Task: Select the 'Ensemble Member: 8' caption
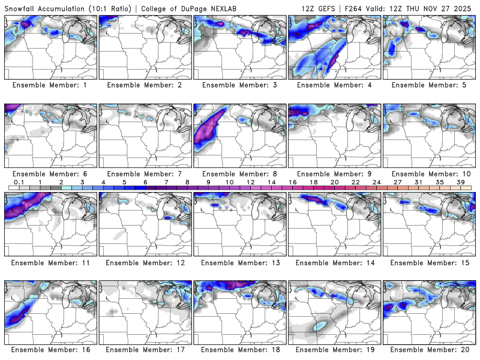tap(239, 174)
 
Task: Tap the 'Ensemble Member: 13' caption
tap(239, 263)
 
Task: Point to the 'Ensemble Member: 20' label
tap(429, 350)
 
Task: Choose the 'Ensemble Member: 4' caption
tap(334, 85)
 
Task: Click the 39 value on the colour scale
tap(460, 182)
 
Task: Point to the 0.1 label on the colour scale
tap(19, 182)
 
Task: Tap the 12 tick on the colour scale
tap(250, 182)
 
